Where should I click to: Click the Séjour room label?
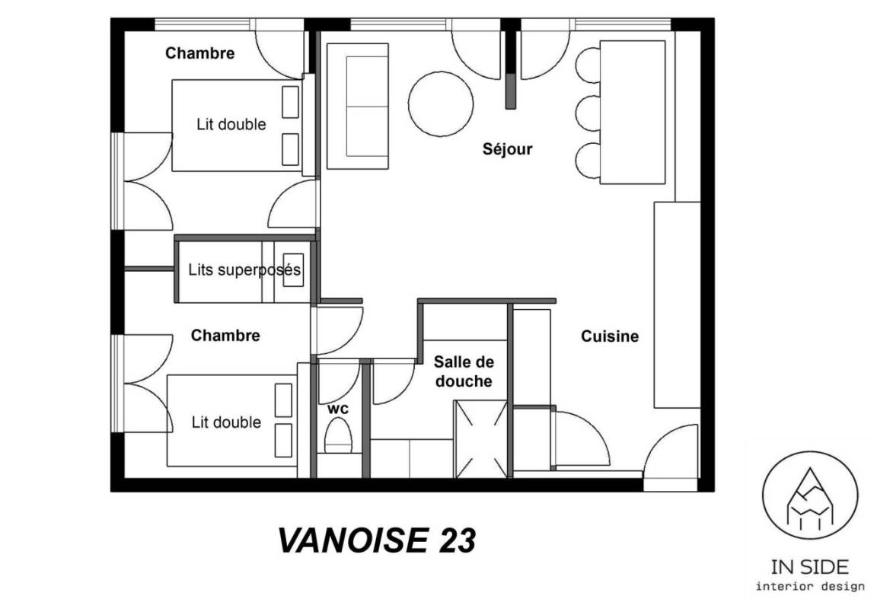[x=507, y=149]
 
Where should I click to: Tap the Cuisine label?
[x=610, y=336]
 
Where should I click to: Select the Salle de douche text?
[x=464, y=371]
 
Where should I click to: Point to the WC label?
[x=338, y=409]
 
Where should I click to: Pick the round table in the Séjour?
[x=441, y=104]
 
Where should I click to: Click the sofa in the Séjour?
[x=357, y=106]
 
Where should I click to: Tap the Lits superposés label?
[x=244, y=270]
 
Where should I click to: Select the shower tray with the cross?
[x=480, y=439]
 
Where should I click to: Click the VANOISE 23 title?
[x=377, y=540]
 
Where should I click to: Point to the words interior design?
[x=810, y=586]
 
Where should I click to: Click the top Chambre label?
[x=199, y=53]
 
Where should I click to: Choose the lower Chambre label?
[x=225, y=336]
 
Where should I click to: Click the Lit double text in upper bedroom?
[x=231, y=124]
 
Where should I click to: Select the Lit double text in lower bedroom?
[x=227, y=422]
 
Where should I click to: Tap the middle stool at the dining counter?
[x=587, y=113]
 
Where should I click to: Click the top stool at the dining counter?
[x=587, y=65]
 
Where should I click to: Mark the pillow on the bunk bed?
[x=293, y=270]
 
